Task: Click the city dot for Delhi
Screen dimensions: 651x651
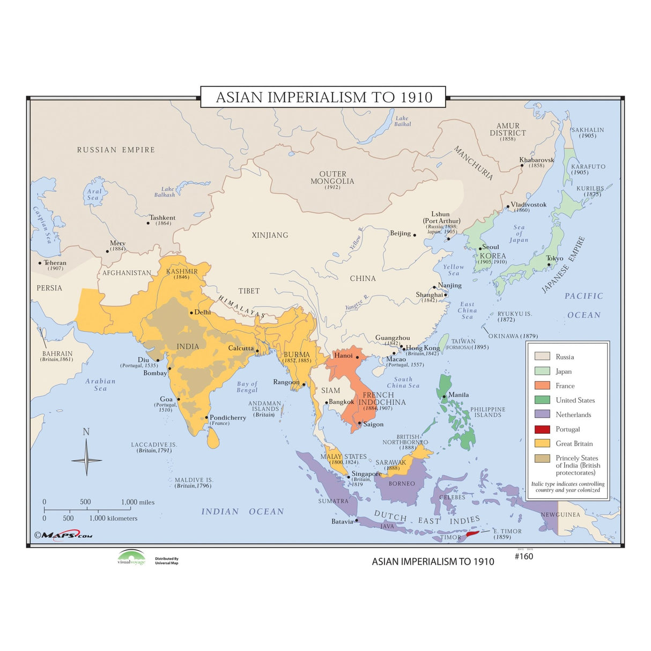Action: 191,313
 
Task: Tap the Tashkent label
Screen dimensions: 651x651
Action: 162,218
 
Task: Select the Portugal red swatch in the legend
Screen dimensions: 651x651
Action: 542,430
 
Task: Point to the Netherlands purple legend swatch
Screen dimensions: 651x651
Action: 542,415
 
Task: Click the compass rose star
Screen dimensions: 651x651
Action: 86,460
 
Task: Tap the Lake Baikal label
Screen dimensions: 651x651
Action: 402,121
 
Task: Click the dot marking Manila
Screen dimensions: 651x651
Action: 444,397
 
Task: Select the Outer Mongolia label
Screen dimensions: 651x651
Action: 332,177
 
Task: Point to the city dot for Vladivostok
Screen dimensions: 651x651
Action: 508,206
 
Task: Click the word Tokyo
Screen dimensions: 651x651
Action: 554,258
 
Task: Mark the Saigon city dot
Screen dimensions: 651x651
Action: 360,423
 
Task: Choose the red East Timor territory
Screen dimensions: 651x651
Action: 472,534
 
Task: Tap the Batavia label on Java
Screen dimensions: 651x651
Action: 342,521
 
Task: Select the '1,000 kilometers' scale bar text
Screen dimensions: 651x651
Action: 113,519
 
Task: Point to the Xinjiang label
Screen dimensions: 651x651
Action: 270,235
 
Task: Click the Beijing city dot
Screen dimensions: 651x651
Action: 414,235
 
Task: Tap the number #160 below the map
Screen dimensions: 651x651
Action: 524,556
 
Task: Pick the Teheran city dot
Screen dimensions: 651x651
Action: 40,263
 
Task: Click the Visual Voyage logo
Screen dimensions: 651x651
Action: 131,557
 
